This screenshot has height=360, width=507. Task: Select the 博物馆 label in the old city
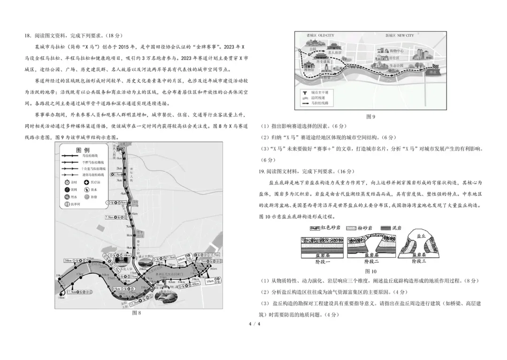(309, 69)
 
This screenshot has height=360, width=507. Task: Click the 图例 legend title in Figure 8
(83, 150)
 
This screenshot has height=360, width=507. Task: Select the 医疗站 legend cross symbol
(86, 182)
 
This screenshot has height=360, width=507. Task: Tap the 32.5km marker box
(215, 255)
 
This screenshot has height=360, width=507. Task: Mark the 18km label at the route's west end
(61, 298)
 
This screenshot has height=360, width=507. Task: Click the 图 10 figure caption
(370, 271)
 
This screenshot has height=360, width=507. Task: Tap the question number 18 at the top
(27, 35)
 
